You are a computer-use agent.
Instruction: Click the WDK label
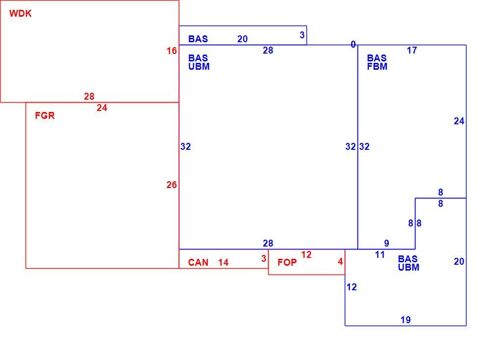tap(21, 14)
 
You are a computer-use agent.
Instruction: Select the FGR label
tap(45, 115)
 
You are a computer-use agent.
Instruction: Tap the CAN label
tap(198, 263)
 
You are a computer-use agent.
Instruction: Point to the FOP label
tap(287, 262)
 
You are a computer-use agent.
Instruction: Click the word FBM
tap(377, 66)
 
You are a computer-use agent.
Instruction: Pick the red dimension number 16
tap(172, 51)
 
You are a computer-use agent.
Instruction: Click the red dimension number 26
tap(172, 185)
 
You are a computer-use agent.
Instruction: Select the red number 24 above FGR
tap(102, 108)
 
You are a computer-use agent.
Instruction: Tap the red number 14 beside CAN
tap(223, 262)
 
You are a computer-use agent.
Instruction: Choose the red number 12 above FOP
tap(306, 255)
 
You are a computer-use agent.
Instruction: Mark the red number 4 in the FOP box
tap(340, 261)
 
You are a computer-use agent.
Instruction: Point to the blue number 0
tap(353, 45)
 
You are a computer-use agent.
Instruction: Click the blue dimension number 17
tap(412, 50)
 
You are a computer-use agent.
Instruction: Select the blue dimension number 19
tap(406, 320)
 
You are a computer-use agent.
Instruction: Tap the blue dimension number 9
tap(386, 243)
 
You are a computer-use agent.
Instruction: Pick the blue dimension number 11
tap(380, 255)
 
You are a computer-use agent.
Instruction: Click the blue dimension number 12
tap(352, 287)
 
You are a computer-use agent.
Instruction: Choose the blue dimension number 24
tap(459, 121)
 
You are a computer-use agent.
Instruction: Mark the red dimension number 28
tap(89, 96)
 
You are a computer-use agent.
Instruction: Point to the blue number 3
tap(302, 35)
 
